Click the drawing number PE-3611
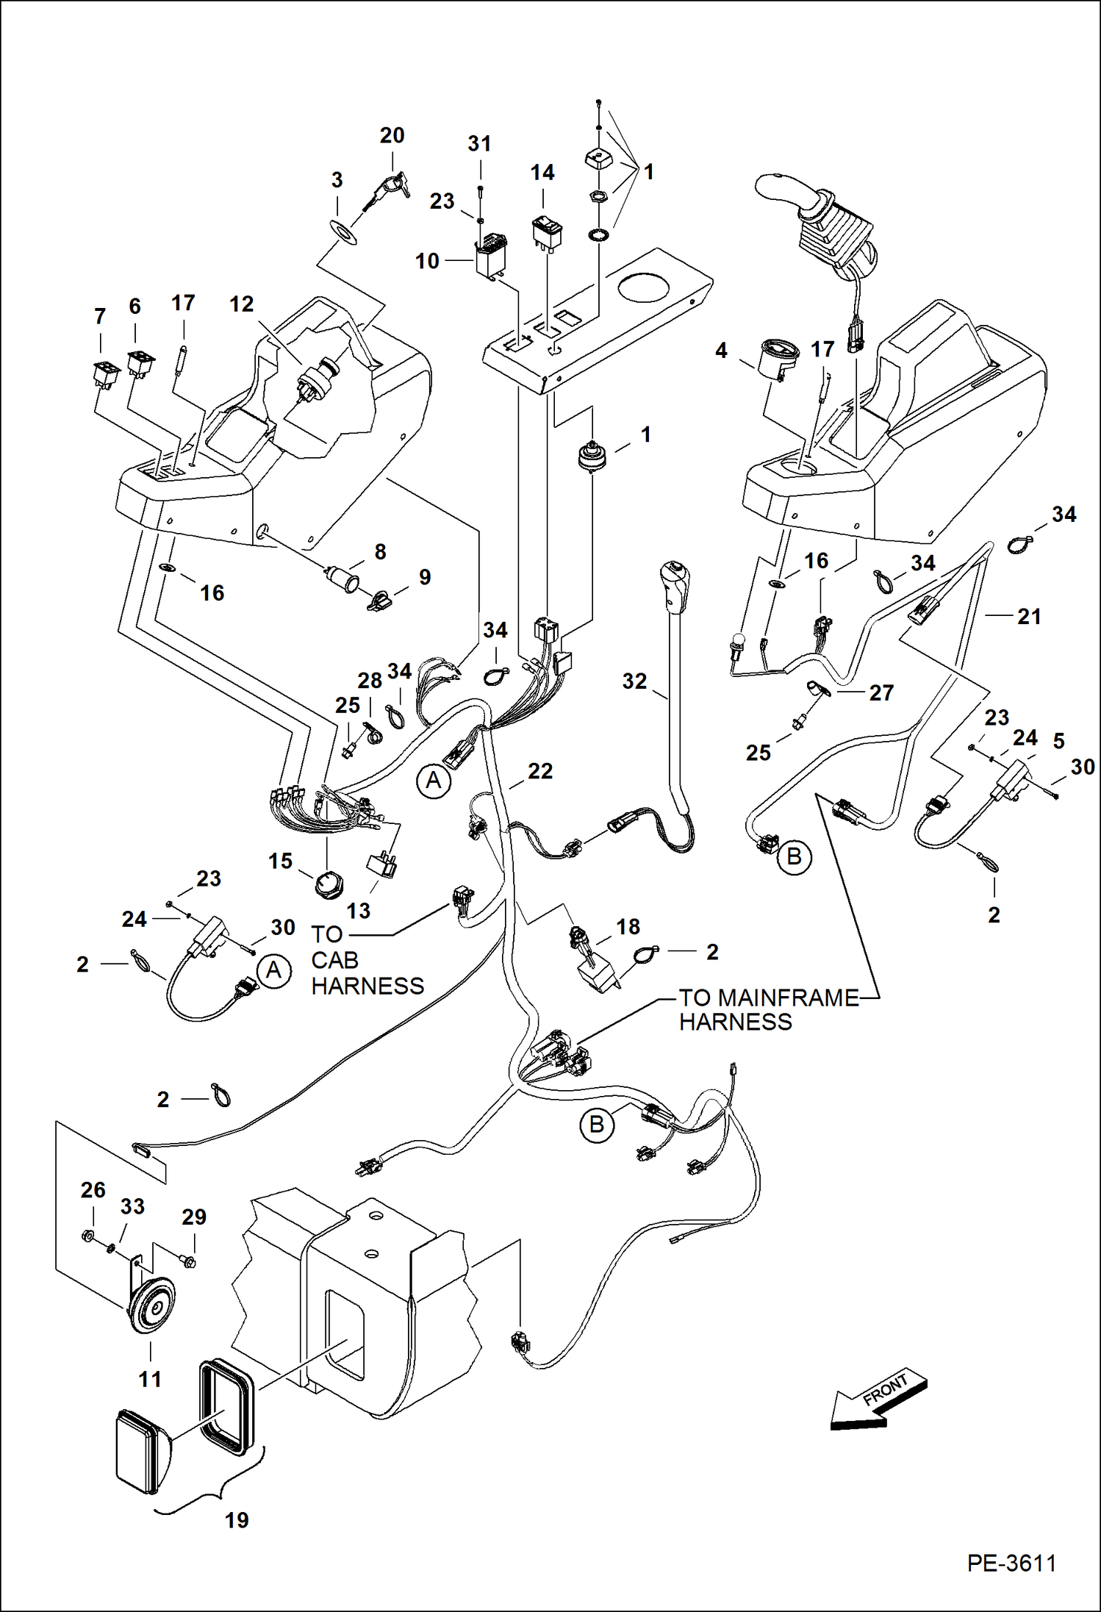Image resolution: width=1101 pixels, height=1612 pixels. (1011, 1563)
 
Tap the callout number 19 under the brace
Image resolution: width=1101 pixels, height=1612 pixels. (237, 1520)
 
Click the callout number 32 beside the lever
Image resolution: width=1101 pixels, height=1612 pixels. (634, 681)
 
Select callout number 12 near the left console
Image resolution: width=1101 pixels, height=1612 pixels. (241, 304)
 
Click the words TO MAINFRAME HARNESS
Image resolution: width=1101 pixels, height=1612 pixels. (768, 1009)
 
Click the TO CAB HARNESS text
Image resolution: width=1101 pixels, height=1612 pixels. (367, 960)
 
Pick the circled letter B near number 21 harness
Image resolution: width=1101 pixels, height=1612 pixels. (794, 857)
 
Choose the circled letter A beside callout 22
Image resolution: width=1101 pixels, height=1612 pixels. (434, 780)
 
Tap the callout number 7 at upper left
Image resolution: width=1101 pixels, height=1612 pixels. (100, 317)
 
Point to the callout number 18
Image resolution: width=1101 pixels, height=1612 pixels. (628, 926)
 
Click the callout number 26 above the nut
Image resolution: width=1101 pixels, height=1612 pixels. (93, 1189)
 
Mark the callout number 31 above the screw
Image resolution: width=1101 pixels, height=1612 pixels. (479, 143)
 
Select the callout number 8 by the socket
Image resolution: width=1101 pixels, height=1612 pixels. (380, 551)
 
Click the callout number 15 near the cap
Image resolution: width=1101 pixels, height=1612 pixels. (280, 861)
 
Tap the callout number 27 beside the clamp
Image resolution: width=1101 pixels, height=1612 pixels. (881, 692)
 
